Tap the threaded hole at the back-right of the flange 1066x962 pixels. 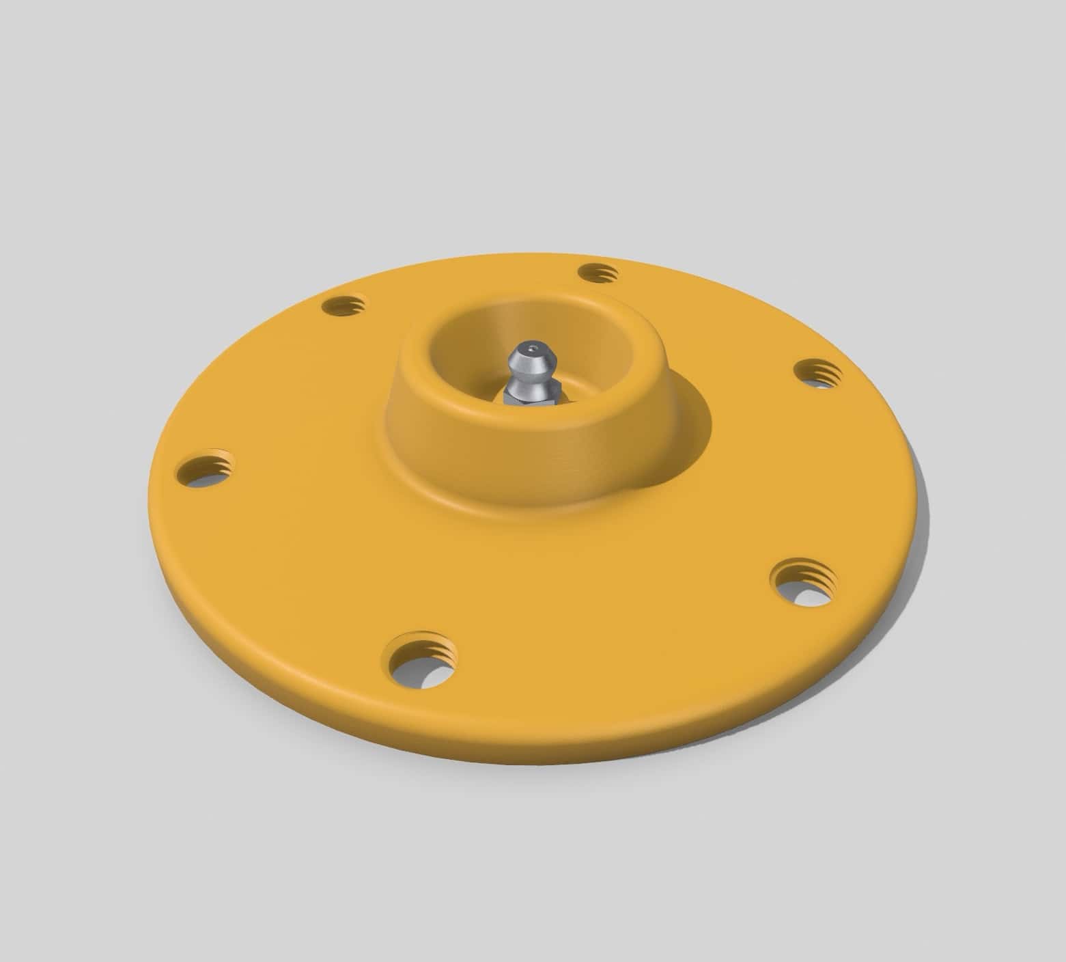click(x=818, y=372)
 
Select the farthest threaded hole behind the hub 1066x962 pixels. click(x=598, y=273)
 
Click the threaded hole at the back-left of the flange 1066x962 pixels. click(x=344, y=305)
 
